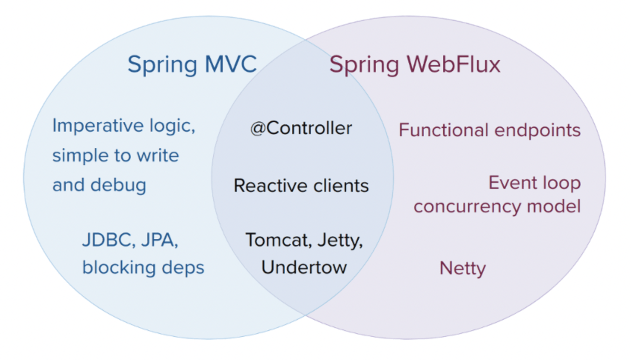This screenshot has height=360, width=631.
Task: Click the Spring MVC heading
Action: pyautogui.click(x=192, y=64)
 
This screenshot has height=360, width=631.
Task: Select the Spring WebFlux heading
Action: pyautogui.click(x=415, y=64)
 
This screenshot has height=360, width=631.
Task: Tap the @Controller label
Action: pyautogui.click(x=301, y=128)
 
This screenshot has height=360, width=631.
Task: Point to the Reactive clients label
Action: pyautogui.click(x=301, y=186)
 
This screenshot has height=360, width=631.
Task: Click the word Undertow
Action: pyautogui.click(x=304, y=267)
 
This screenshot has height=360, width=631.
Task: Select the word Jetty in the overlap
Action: pyautogui.click(x=340, y=240)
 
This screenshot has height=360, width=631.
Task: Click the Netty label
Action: pyautogui.click(x=462, y=268)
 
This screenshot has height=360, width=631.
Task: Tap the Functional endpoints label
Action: pyautogui.click(x=489, y=130)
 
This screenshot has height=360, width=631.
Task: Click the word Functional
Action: pyautogui.click(x=443, y=130)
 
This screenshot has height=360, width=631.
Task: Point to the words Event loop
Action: pyautogui.click(x=534, y=183)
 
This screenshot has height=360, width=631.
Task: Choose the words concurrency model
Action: pyautogui.click(x=497, y=206)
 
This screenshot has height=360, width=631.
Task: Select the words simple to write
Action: pyautogui.click(x=115, y=155)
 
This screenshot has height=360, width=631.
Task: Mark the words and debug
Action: pyautogui.click(x=99, y=185)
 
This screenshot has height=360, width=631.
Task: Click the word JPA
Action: pyautogui.click(x=159, y=240)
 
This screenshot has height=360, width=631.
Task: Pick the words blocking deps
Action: pyautogui.click(x=143, y=268)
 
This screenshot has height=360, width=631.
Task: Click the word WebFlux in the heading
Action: pyautogui.click(x=454, y=64)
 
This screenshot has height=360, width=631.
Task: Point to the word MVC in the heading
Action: pyautogui.click(x=231, y=64)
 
